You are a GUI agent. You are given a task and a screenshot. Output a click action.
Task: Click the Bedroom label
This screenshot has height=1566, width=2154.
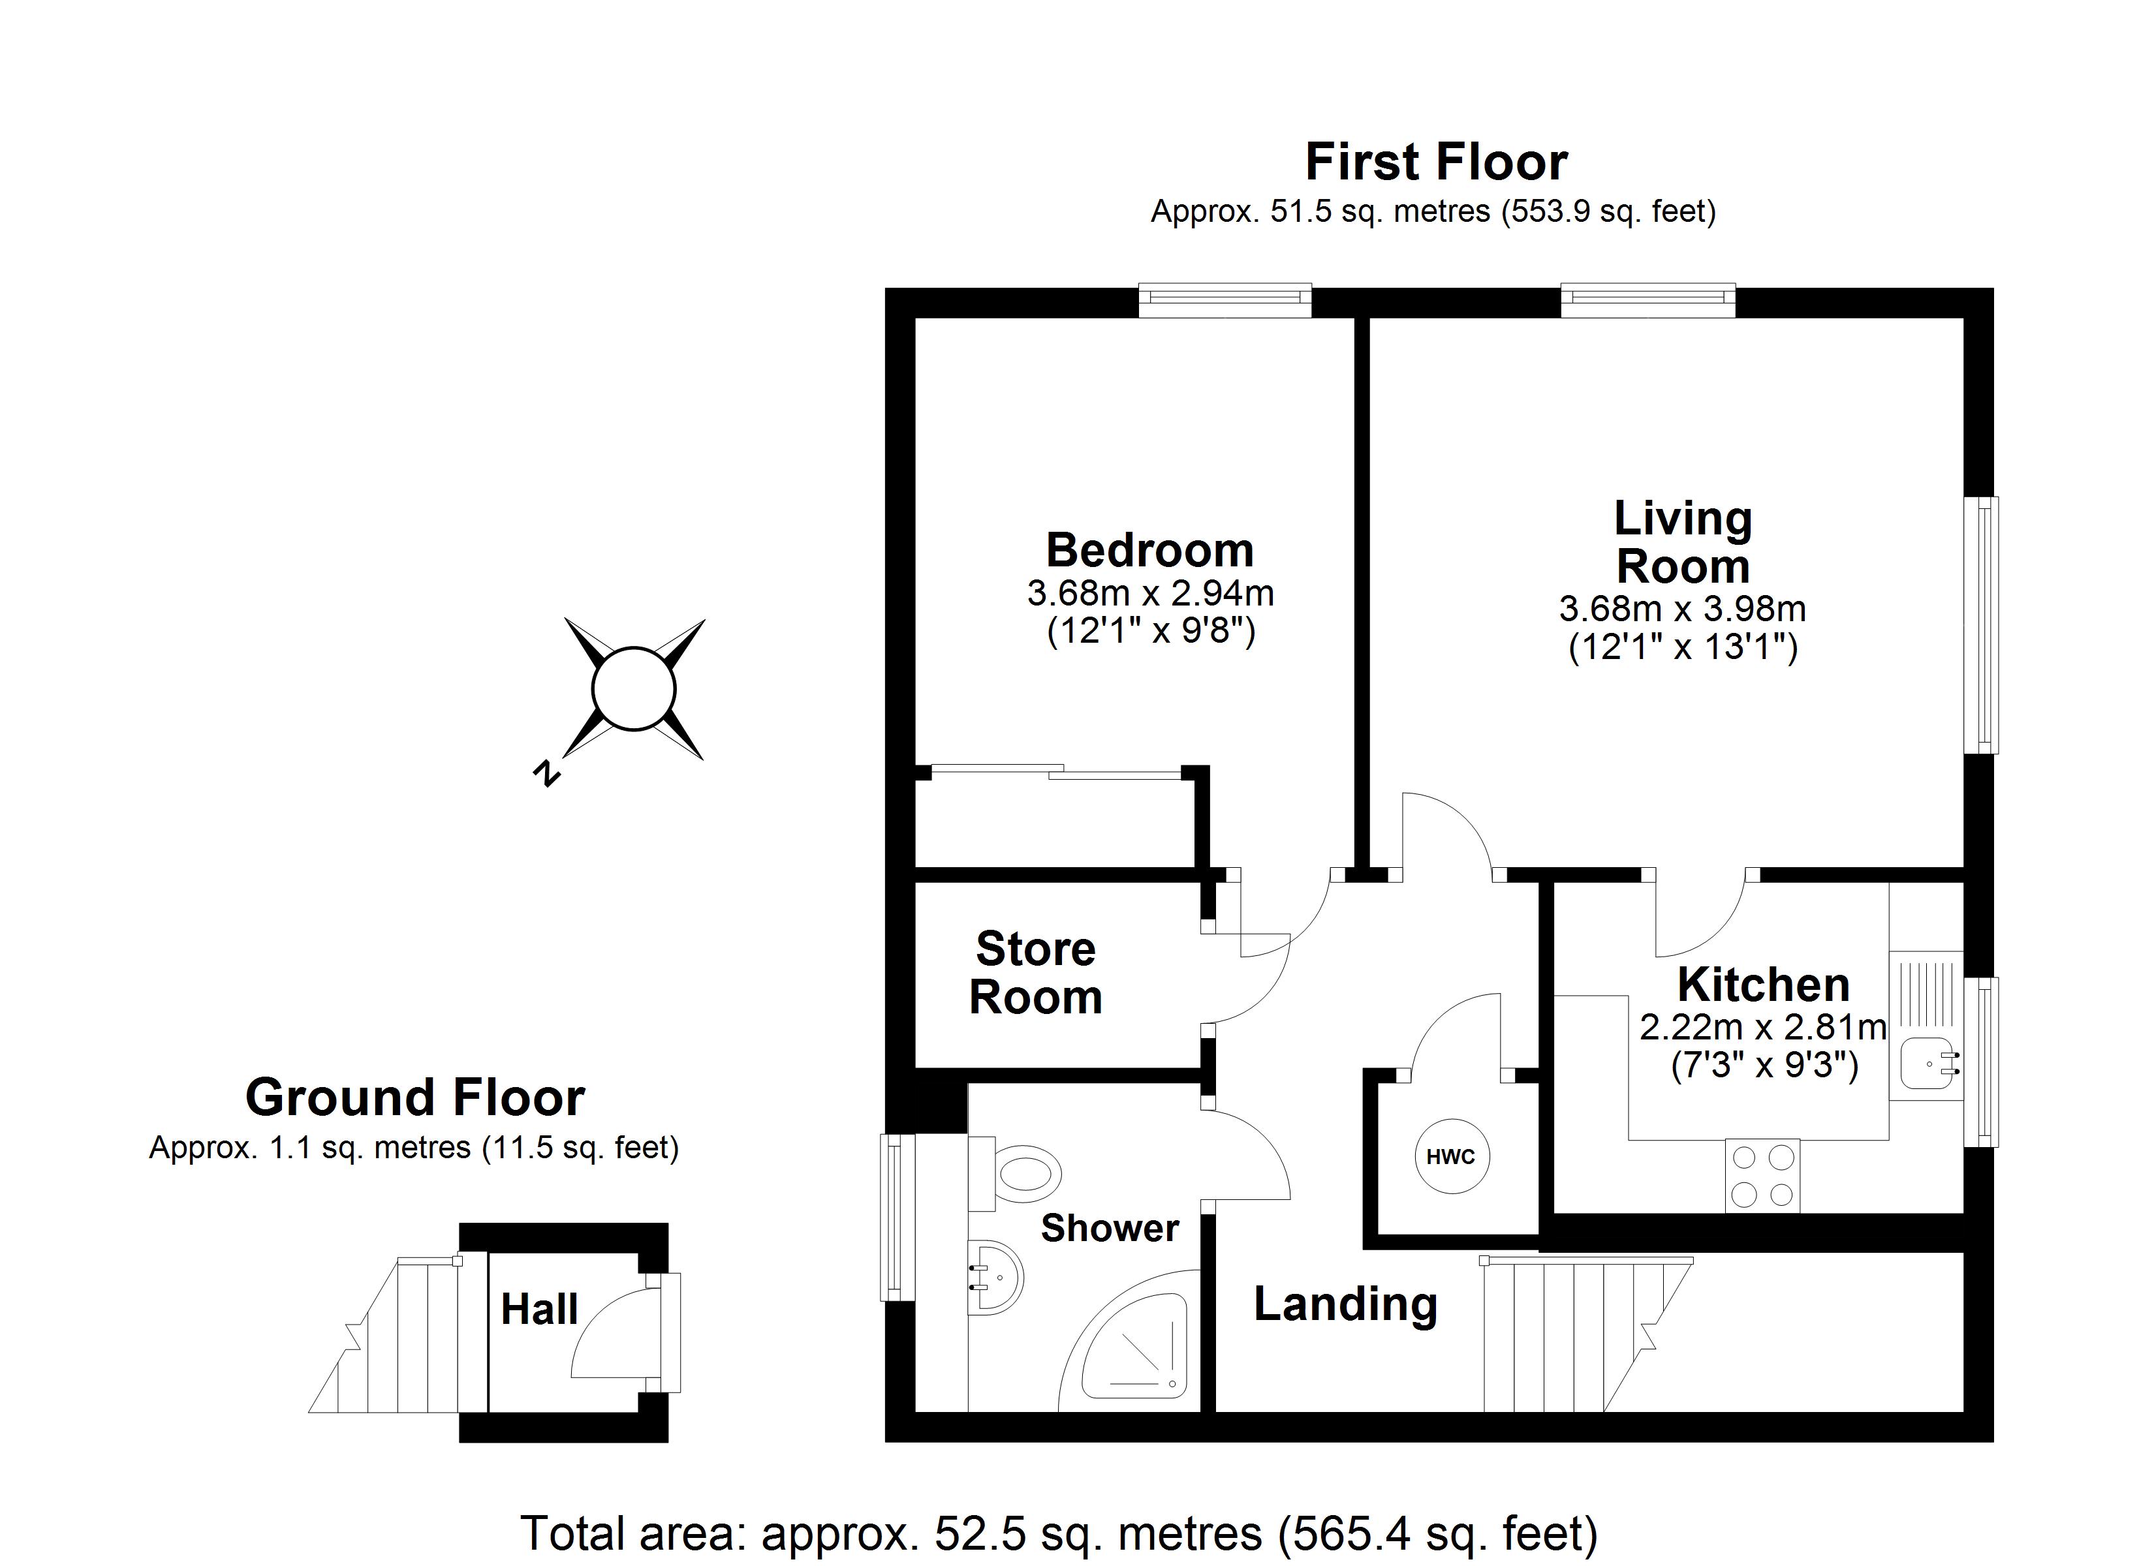coord(1150,550)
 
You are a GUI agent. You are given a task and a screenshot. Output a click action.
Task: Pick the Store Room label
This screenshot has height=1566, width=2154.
coord(1035,974)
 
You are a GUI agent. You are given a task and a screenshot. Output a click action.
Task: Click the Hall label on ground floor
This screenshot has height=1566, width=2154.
coord(538,1310)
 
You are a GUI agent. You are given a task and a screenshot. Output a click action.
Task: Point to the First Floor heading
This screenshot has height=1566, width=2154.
coord(1436,162)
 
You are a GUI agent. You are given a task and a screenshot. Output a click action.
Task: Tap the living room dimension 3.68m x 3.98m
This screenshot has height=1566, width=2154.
coord(1682,607)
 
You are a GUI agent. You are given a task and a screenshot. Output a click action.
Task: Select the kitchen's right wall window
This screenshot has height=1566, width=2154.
coord(1980,1062)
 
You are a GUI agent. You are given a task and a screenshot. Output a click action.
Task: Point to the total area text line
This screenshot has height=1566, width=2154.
coord(1059,1534)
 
